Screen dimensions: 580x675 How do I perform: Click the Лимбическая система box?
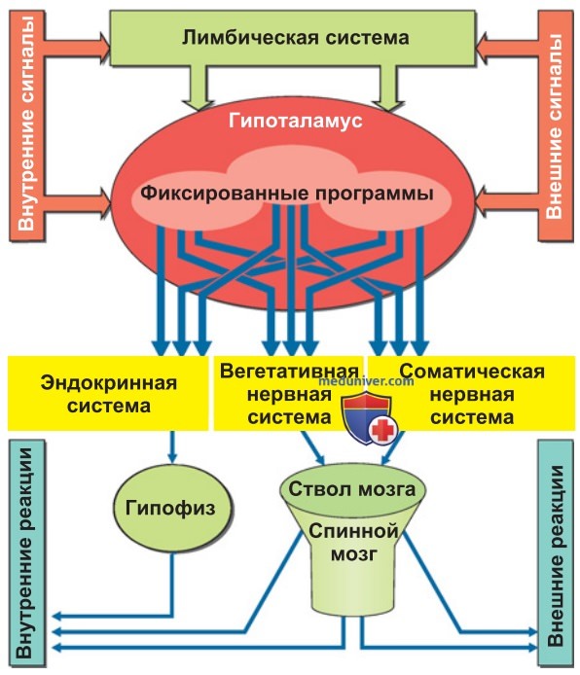pos(293,38)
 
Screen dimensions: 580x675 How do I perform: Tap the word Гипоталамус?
pos(296,121)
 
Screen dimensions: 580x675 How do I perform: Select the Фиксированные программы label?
pos(287,194)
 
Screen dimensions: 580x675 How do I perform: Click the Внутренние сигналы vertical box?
pos(26,125)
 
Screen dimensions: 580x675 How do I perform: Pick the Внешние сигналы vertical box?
pos(555,125)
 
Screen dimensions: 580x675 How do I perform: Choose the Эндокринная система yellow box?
pos(108,393)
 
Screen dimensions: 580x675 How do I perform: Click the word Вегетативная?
pos(289,372)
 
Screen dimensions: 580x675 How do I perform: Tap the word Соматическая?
pos(472,372)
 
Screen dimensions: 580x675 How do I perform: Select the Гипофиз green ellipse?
pos(171,508)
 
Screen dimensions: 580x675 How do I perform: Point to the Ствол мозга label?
pos(352,489)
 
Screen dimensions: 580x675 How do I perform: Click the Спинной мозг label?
pos(353,542)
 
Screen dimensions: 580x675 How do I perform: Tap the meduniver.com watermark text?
pos(367,380)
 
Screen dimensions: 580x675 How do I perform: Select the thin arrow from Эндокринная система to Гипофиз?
pos(172,446)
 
